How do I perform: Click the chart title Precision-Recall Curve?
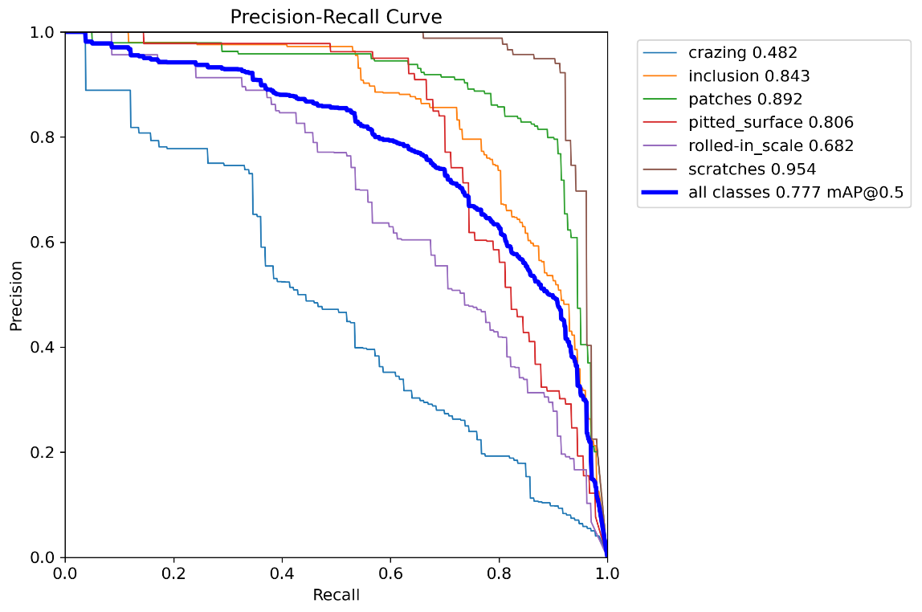click(x=336, y=17)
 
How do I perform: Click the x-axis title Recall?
click(x=336, y=595)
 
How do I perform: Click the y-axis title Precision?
click(x=15, y=295)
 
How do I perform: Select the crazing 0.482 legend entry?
click(x=742, y=53)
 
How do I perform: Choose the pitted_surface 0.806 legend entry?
click(x=770, y=123)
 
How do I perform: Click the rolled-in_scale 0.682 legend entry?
click(x=770, y=146)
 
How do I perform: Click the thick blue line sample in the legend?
click(x=663, y=193)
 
